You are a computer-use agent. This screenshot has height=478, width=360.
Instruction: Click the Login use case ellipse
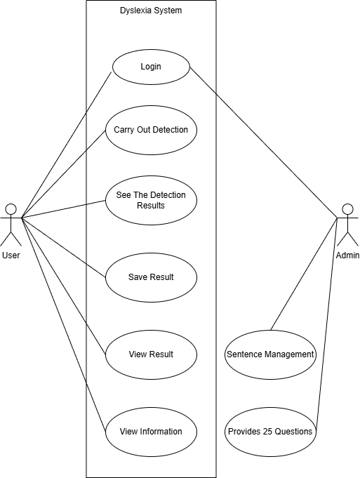[151, 67]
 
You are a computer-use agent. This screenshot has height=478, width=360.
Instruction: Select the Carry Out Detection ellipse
[151, 130]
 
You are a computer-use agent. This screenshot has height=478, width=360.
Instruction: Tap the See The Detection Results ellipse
[151, 200]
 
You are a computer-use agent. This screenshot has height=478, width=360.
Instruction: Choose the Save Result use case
[151, 277]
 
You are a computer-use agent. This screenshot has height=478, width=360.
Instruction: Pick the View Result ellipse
[151, 354]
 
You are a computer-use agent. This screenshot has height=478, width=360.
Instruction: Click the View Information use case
[151, 432]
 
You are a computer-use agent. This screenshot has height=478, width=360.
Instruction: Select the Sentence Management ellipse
[270, 354]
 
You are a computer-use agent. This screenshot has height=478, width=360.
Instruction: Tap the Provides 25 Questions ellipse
[270, 432]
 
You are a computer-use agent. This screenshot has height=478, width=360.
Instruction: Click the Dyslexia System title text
[151, 11]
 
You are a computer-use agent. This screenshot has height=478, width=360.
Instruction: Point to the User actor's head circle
[11, 209]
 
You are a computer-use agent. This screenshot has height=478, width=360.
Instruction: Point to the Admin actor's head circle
[347, 209]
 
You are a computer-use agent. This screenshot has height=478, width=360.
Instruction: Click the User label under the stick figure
[11, 255]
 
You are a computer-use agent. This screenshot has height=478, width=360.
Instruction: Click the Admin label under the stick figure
[347, 255]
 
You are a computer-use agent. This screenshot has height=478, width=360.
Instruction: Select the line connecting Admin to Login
[264, 142]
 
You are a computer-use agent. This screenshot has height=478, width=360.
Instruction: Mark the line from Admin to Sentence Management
[304, 274]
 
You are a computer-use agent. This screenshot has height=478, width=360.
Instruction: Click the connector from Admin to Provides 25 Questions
[327, 325]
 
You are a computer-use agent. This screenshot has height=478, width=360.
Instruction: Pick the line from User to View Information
[63, 325]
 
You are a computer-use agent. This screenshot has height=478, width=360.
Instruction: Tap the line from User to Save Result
[63, 248]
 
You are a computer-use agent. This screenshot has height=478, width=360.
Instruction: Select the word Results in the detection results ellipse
[151, 206]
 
